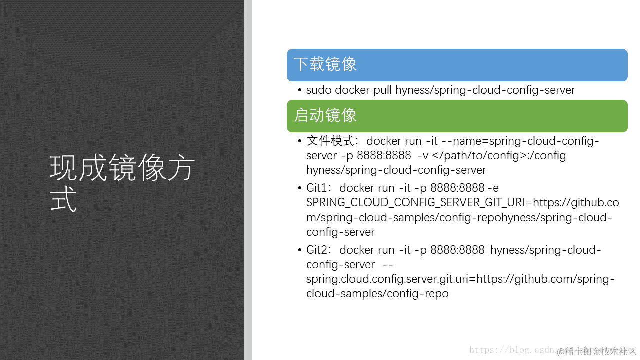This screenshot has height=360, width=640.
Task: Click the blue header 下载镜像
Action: pos(325,65)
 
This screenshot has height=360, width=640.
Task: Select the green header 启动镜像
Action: pos(325,116)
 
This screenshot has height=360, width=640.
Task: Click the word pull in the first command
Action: pos(383,90)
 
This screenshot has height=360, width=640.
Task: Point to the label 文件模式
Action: pos(330,141)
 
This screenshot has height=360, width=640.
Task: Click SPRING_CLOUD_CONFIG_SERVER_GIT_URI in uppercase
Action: pos(418,203)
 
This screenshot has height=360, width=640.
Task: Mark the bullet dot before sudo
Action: pos(300,90)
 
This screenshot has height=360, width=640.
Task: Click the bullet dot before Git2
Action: pos(300,250)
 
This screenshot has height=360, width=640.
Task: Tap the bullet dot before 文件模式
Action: pos(300,141)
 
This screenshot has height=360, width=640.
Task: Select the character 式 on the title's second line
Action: pos(63,200)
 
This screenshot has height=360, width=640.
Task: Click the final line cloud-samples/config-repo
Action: pos(377,293)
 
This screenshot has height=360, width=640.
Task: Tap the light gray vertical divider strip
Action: pos(248,180)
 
